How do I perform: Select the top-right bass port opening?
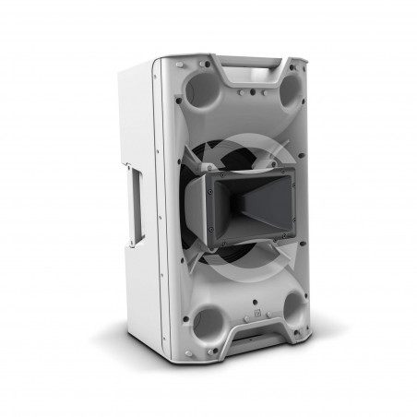[289, 90]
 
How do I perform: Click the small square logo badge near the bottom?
[257, 314]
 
